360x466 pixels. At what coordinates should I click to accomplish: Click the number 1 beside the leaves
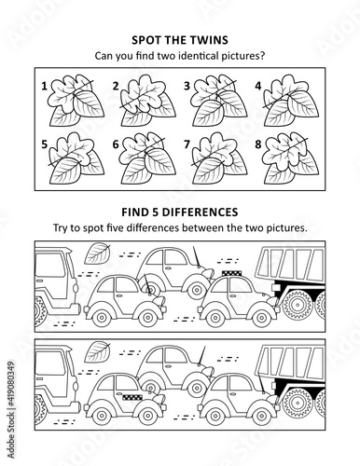(x=45, y=86)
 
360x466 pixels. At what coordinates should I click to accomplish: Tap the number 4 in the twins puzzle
(x=258, y=86)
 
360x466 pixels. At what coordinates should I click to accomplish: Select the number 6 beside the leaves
(x=116, y=144)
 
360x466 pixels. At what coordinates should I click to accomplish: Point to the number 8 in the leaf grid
(x=258, y=144)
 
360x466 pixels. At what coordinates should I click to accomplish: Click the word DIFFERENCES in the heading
(x=201, y=212)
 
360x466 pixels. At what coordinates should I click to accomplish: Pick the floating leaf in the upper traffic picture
(x=97, y=254)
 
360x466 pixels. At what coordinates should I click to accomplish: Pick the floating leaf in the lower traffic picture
(x=97, y=351)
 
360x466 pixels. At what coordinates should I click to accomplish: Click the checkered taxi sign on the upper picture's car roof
(x=231, y=273)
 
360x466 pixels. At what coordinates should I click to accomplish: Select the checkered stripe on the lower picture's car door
(x=132, y=397)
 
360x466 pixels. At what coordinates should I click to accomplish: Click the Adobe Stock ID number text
(x=11, y=386)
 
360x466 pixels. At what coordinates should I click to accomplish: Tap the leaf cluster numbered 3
(x=218, y=100)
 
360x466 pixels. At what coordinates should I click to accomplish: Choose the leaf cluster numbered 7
(x=219, y=158)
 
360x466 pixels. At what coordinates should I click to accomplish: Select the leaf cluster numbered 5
(x=76, y=158)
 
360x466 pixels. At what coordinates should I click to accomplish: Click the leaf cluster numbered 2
(x=146, y=101)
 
